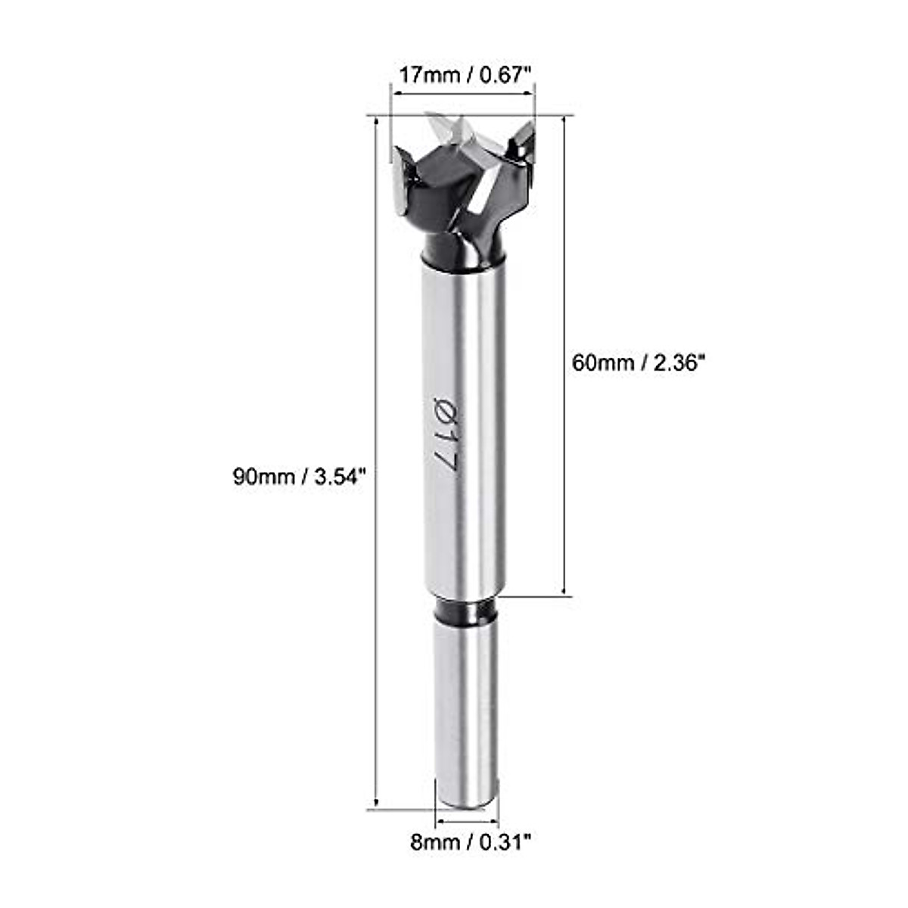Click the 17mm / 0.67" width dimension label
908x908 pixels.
tap(465, 75)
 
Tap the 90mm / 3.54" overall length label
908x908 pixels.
tap(300, 477)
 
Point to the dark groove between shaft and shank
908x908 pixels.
tap(465, 611)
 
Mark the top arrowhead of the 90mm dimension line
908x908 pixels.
tap(376, 121)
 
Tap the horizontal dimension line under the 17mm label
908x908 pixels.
tap(462, 95)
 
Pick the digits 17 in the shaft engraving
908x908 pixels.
tap(442, 452)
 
